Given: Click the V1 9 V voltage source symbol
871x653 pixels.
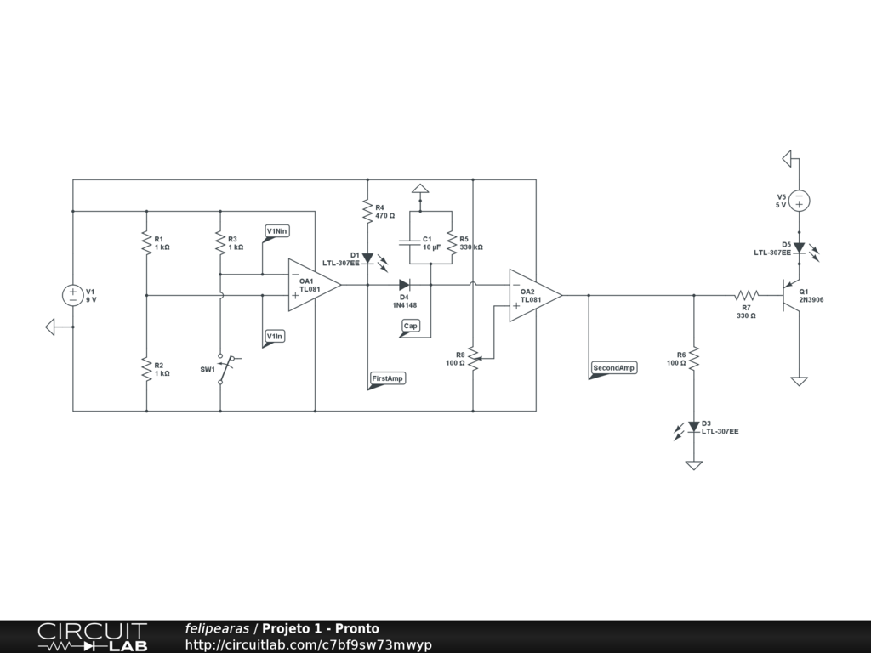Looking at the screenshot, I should [x=73, y=295].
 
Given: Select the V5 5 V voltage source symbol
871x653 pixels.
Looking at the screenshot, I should [x=799, y=201].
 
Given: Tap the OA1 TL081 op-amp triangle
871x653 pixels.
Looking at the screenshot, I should [x=312, y=285].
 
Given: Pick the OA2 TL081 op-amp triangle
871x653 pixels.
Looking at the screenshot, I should [x=533, y=295].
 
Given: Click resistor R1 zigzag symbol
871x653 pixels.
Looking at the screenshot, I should [x=146, y=242].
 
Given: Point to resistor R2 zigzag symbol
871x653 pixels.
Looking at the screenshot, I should [x=146, y=368].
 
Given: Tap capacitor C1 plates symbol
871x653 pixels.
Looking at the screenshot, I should [x=420, y=241].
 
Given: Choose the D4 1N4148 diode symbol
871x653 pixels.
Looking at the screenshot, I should [x=405, y=285].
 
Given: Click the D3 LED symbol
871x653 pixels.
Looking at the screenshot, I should [x=694, y=427].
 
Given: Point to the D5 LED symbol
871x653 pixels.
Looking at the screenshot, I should [x=799, y=247].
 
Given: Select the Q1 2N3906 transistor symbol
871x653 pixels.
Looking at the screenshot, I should [x=791, y=296].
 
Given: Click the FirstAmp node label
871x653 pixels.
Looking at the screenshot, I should [x=388, y=378].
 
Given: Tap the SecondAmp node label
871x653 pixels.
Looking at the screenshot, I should [x=613, y=367].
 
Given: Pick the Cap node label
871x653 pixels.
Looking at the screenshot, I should [x=411, y=326].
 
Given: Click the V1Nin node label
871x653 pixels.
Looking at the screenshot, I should [x=277, y=231].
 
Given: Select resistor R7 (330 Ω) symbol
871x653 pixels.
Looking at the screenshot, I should [x=746, y=296].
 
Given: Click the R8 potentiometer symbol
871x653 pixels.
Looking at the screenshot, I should [x=473, y=358].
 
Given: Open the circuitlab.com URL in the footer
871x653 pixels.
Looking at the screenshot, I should [x=309, y=644].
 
